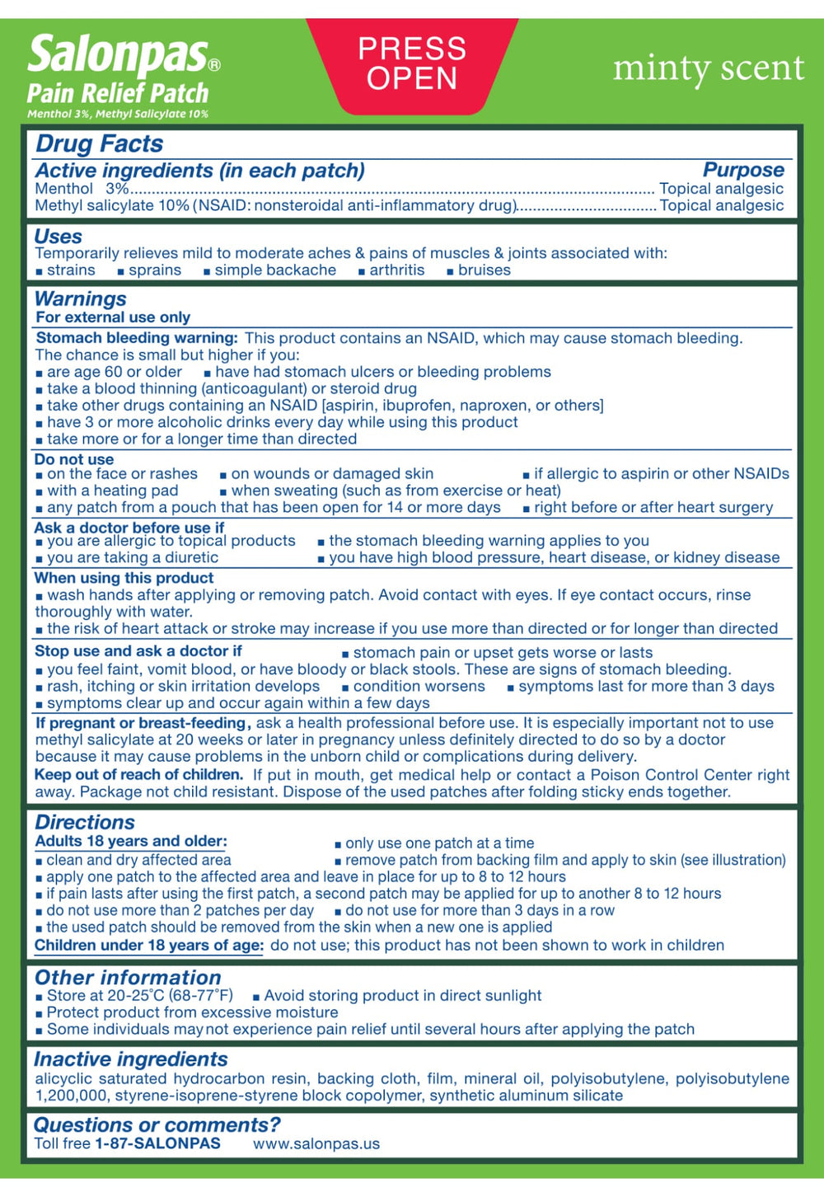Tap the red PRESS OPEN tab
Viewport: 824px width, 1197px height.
coord(412,63)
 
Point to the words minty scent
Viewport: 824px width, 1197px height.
coord(708,68)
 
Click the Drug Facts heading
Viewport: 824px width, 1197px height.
coord(99,143)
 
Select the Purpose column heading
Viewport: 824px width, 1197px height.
coord(742,170)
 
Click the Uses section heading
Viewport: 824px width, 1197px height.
coord(58,237)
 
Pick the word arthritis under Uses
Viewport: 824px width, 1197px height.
coord(396,270)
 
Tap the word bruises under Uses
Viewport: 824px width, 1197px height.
coord(484,270)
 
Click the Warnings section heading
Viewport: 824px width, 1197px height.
coord(80,298)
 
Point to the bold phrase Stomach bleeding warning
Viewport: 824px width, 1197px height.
coord(137,338)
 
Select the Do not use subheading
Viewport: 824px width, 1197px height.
coord(74,459)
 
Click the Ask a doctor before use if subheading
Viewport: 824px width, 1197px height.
coord(129,528)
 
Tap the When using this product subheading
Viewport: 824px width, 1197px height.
coord(124,578)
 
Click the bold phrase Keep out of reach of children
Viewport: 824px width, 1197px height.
coord(138,775)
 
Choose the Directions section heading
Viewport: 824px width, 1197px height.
coord(84,822)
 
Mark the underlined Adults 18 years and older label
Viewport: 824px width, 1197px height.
coord(130,841)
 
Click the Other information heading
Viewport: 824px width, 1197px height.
coord(128,978)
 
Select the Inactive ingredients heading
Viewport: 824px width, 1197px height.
coord(130,1059)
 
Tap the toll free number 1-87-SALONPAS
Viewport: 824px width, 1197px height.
coord(157,1143)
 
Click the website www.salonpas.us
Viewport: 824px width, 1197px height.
coord(316,1143)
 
